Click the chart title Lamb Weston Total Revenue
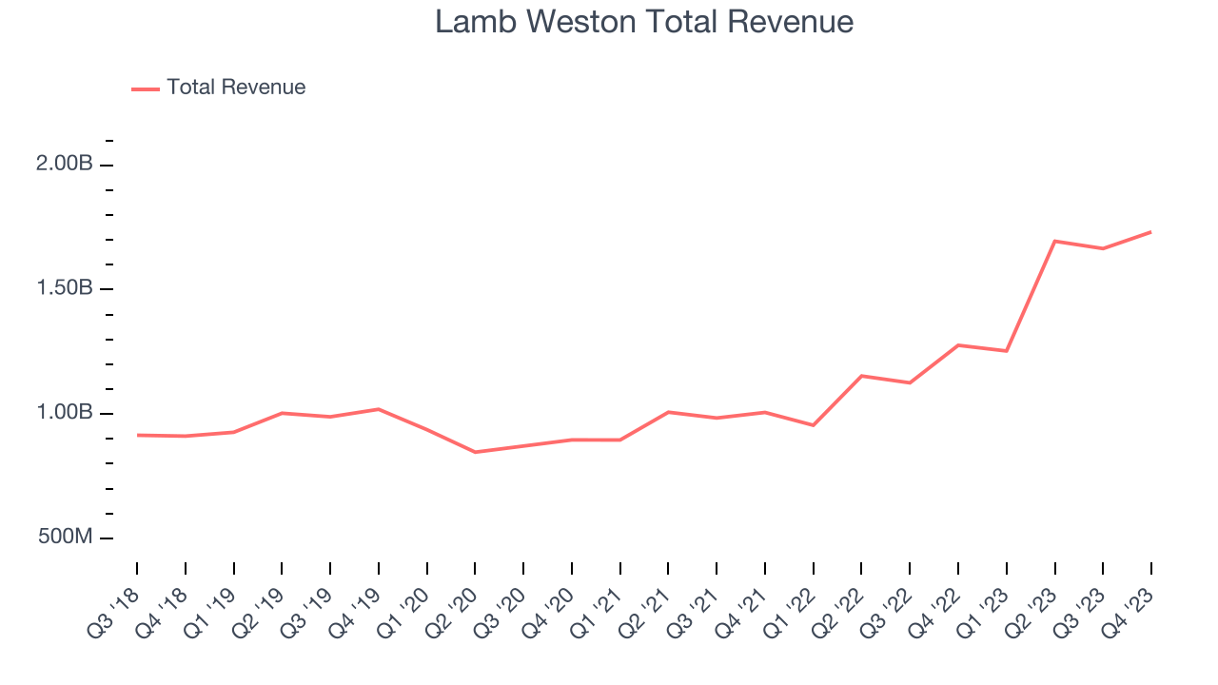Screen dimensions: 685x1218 tap(644, 22)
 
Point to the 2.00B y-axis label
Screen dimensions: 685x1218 tap(64, 164)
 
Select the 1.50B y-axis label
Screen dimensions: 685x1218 tap(64, 288)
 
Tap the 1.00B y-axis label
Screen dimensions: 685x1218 tap(64, 413)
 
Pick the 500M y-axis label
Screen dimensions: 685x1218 tap(66, 538)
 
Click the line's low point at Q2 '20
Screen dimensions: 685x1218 tap(475, 452)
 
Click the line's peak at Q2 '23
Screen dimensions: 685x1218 tap(1054, 241)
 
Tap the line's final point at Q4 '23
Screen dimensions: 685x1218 tap(1150, 232)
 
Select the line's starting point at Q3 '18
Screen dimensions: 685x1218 tap(137, 435)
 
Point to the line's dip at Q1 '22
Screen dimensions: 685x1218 tap(813, 425)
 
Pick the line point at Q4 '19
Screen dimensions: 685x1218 tap(379, 409)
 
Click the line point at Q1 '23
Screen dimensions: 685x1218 tap(1006, 351)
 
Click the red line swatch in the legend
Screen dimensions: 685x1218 tap(146, 88)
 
